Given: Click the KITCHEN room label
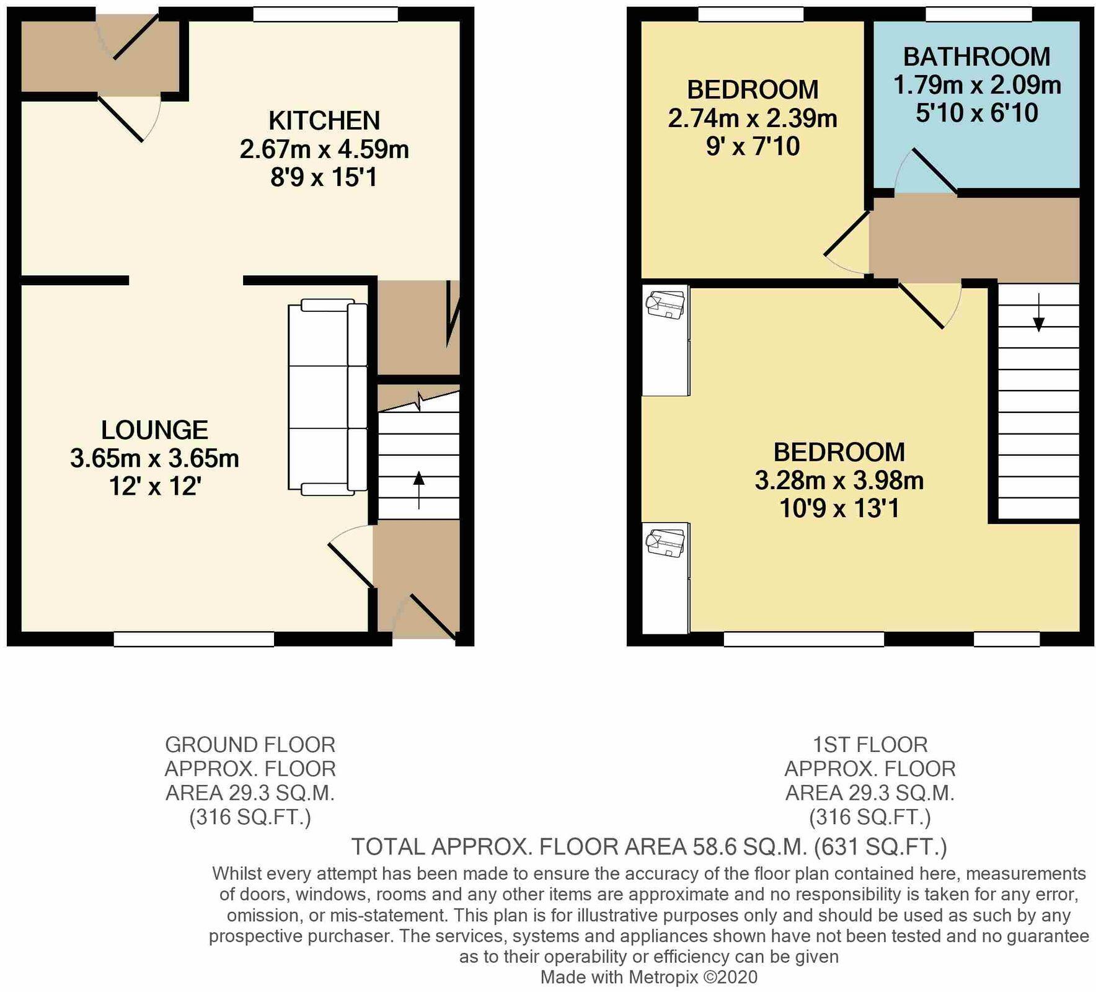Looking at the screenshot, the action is [x=324, y=120].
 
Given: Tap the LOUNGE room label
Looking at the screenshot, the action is [x=155, y=430].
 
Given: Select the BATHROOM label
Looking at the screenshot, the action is [x=976, y=57].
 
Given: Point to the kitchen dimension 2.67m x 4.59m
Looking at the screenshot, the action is [x=324, y=149].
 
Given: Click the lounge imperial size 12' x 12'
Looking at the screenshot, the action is [x=155, y=487].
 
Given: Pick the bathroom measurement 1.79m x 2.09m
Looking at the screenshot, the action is [x=976, y=86].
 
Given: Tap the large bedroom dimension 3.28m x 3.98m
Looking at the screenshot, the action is [x=839, y=480].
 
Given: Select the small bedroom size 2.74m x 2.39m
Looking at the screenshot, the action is [x=753, y=118].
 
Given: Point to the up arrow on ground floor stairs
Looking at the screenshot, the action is [x=419, y=490].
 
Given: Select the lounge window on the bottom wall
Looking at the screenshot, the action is [x=194, y=639].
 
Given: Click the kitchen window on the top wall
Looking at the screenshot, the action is [x=325, y=14].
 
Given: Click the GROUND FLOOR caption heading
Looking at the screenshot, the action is [x=250, y=744].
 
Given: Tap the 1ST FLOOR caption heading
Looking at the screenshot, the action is [x=870, y=744].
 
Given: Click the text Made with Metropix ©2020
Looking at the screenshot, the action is [x=649, y=977].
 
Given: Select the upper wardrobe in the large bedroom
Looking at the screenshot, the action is [x=666, y=340].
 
